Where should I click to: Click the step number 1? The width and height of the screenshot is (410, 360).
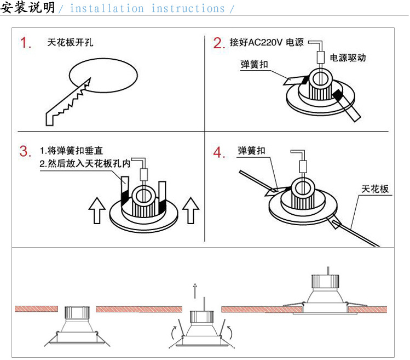pos(26,43)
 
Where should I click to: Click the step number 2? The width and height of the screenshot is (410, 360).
pos(219,43)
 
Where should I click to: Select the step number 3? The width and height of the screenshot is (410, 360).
pos(25,151)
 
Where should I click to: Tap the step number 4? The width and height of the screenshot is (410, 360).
pos(219,153)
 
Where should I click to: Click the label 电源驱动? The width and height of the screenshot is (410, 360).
pos(348,58)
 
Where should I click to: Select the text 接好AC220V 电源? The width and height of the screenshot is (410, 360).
pos(267,42)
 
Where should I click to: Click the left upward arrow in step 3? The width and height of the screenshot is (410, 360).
pos(97,211)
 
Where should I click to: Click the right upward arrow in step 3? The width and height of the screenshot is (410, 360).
pos(190,211)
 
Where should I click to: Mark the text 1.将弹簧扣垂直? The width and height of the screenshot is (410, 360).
pos(71,150)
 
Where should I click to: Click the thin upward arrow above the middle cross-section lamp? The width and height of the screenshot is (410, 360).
pos(194,289)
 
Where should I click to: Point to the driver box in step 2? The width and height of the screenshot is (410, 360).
pos(320,56)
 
